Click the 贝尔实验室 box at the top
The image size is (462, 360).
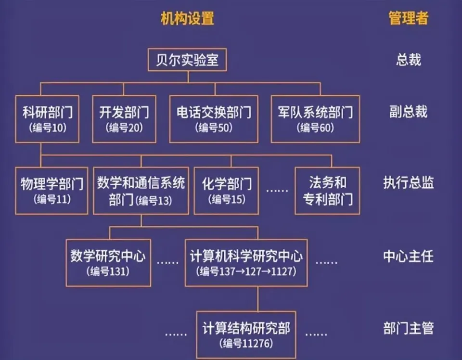click(x=187, y=60)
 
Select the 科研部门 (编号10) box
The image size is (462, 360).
click(x=47, y=119)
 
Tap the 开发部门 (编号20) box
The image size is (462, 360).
click(x=124, y=119)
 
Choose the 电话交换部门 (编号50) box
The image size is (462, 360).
click(x=214, y=119)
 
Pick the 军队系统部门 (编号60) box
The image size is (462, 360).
click(x=315, y=119)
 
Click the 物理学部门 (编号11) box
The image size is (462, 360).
click(x=51, y=191)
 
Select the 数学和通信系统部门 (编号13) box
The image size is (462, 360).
click(x=141, y=191)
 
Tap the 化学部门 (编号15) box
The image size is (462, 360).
click(x=226, y=191)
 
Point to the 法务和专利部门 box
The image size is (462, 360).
click(x=327, y=191)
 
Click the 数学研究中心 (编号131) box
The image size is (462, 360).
click(x=108, y=263)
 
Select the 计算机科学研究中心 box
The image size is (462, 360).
click(x=246, y=263)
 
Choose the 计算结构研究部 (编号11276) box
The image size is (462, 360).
click(x=246, y=335)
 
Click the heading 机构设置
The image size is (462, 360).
click(x=187, y=18)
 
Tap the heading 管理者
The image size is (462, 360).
click(x=408, y=18)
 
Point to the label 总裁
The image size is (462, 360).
click(x=409, y=60)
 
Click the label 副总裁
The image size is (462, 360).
click(x=409, y=112)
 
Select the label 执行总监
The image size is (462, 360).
click(x=409, y=183)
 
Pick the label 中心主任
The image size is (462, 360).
click(x=409, y=256)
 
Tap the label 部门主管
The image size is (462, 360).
click(x=409, y=328)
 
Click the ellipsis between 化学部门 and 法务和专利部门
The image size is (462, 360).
click(x=277, y=191)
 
